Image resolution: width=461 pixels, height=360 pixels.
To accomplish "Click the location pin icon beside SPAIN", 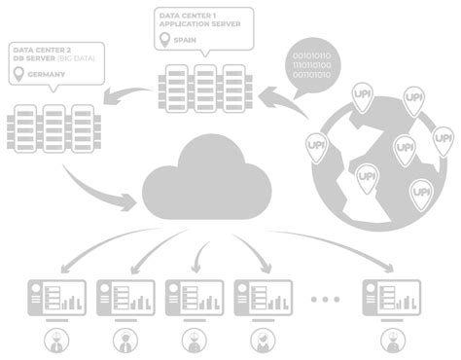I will pos(163,41).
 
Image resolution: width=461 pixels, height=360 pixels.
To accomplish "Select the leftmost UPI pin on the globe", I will pos(317,147).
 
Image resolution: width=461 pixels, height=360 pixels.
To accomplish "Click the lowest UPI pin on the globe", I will pos(420,192).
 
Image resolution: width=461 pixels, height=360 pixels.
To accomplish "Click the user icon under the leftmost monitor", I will pos(56,340).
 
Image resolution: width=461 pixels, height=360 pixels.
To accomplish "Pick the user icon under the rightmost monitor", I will pos(392,340).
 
